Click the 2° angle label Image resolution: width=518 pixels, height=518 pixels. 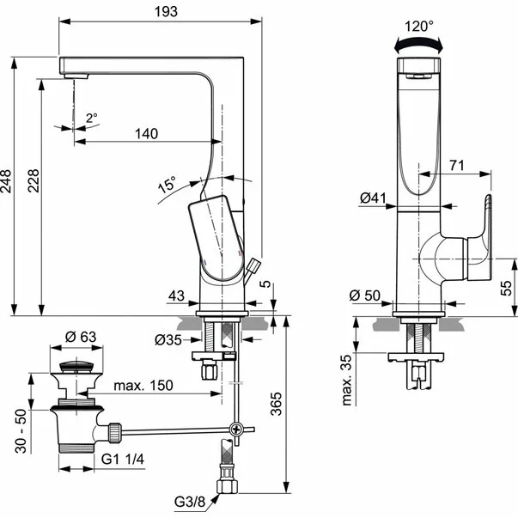point(92,118)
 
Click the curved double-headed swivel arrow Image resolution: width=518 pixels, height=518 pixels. point(419,42)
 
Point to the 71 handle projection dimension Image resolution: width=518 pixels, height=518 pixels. point(457,162)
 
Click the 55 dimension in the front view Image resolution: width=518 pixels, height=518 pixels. point(508,287)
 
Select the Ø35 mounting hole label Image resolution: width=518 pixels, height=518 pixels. point(168,339)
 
